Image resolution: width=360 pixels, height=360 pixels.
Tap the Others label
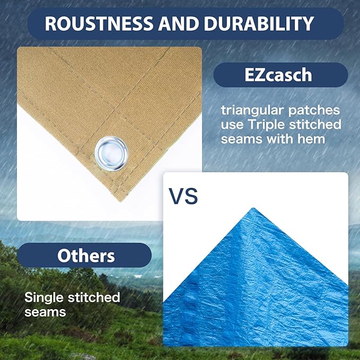86,256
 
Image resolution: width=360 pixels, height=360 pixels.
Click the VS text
183,196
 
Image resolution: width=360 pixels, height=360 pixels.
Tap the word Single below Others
44,297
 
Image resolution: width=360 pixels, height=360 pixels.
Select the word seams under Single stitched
45,311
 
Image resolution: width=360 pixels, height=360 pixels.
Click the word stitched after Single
93,297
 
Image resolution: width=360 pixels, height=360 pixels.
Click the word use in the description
232,125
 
